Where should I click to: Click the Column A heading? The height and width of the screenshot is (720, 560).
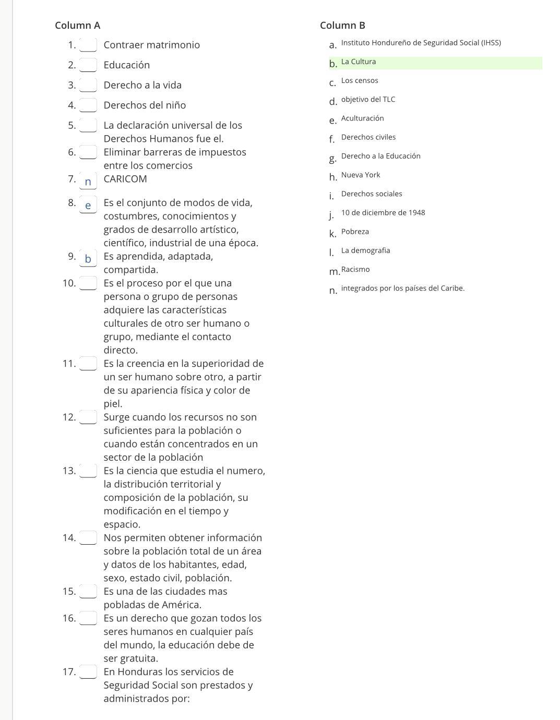pyautogui.click(x=77, y=26)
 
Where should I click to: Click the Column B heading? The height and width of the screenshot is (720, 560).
pyautogui.click(x=342, y=26)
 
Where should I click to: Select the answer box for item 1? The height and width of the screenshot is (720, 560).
pyautogui.click(x=88, y=45)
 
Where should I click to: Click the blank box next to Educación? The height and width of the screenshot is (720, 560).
pyautogui.click(x=88, y=65)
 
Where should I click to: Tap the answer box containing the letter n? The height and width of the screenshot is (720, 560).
pyautogui.click(x=88, y=181)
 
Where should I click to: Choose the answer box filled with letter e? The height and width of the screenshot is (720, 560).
pyautogui.click(x=88, y=205)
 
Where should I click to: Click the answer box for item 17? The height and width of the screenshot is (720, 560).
pyautogui.click(x=88, y=671)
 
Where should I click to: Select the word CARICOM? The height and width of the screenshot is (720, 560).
pyautogui.click(x=125, y=179)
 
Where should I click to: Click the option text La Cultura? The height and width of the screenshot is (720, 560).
pyautogui.click(x=359, y=62)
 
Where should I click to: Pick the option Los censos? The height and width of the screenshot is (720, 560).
pyautogui.click(x=360, y=80)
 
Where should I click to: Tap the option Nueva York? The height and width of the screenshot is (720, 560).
pyautogui.click(x=361, y=175)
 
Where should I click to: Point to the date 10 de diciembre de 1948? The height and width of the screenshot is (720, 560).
pyautogui.click(x=383, y=212)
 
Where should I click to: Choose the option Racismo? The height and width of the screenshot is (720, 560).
pyautogui.click(x=355, y=269)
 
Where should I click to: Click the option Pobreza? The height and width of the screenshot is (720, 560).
pyautogui.click(x=355, y=232)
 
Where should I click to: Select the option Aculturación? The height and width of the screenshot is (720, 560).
pyautogui.click(x=362, y=118)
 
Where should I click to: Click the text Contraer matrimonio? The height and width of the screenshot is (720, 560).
pyautogui.click(x=151, y=45)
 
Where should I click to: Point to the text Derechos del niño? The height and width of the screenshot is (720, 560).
pyautogui.click(x=145, y=105)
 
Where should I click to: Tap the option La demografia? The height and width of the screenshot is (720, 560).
pyautogui.click(x=365, y=250)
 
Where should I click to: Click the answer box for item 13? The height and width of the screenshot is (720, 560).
pyautogui.click(x=88, y=471)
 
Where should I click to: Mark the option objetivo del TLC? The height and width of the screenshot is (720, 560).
pyautogui.click(x=368, y=99)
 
